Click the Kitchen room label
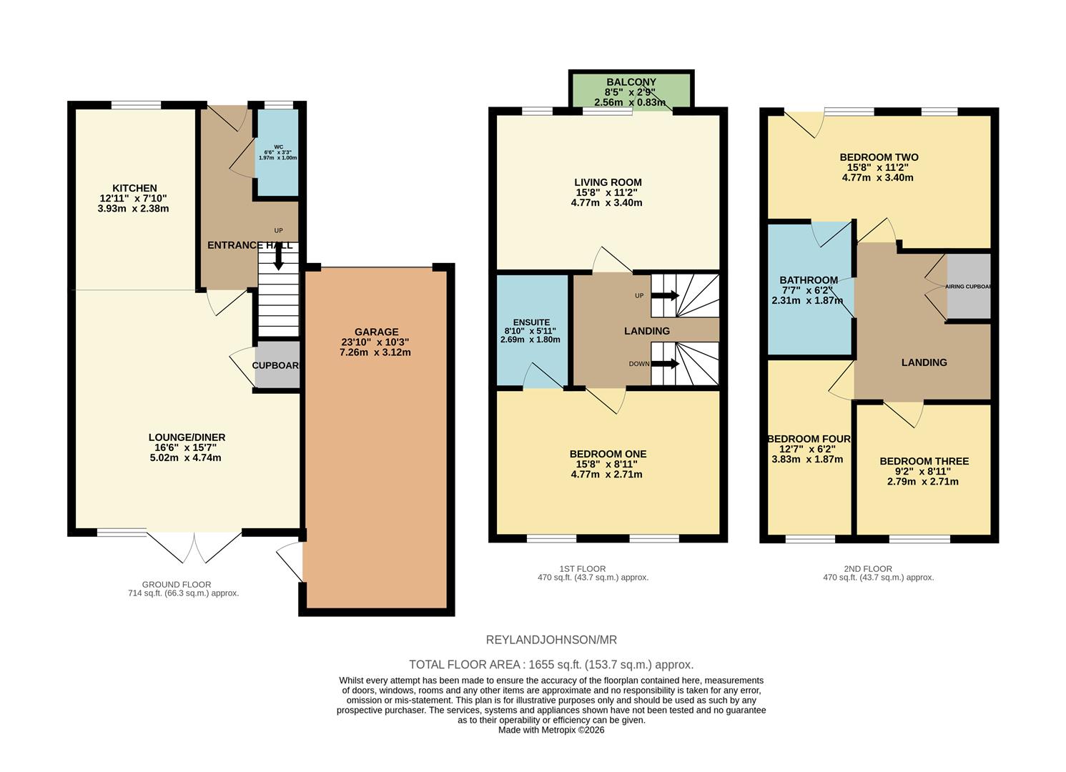point(134,189)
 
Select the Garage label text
point(376,332)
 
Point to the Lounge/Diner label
point(187,437)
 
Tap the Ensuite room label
point(530,322)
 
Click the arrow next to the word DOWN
point(666,364)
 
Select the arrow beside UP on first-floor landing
point(666,295)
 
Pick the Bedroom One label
point(608,454)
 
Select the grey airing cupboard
point(969,287)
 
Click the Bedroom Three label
point(924,461)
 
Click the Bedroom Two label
point(879,157)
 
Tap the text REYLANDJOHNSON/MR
point(551,640)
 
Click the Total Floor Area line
point(551,665)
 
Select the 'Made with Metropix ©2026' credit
point(551,731)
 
